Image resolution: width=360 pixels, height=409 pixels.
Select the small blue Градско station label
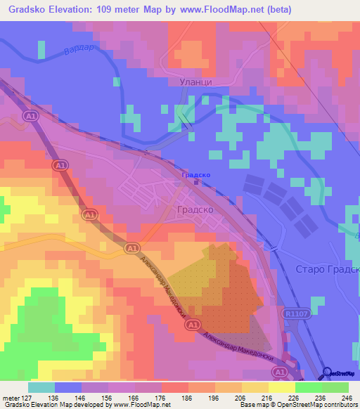coord(196,174)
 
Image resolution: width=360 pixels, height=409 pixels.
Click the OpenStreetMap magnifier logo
coord(327,373)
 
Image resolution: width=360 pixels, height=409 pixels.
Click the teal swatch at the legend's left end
coord(41,387)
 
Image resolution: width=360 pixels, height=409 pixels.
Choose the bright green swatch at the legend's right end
coord(335,387)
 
